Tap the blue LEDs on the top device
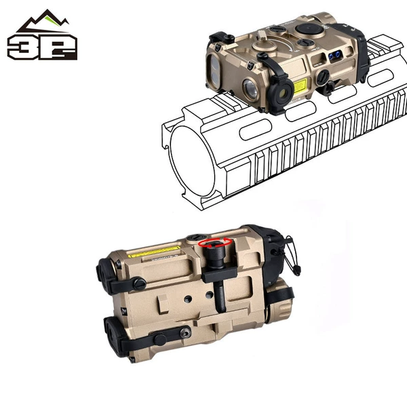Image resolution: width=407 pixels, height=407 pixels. [x=334, y=56]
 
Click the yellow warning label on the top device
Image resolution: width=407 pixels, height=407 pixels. [x=300, y=85]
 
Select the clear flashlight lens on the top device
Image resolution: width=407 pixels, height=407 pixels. [x=250, y=88]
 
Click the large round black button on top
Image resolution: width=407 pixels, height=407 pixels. [x=309, y=28]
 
